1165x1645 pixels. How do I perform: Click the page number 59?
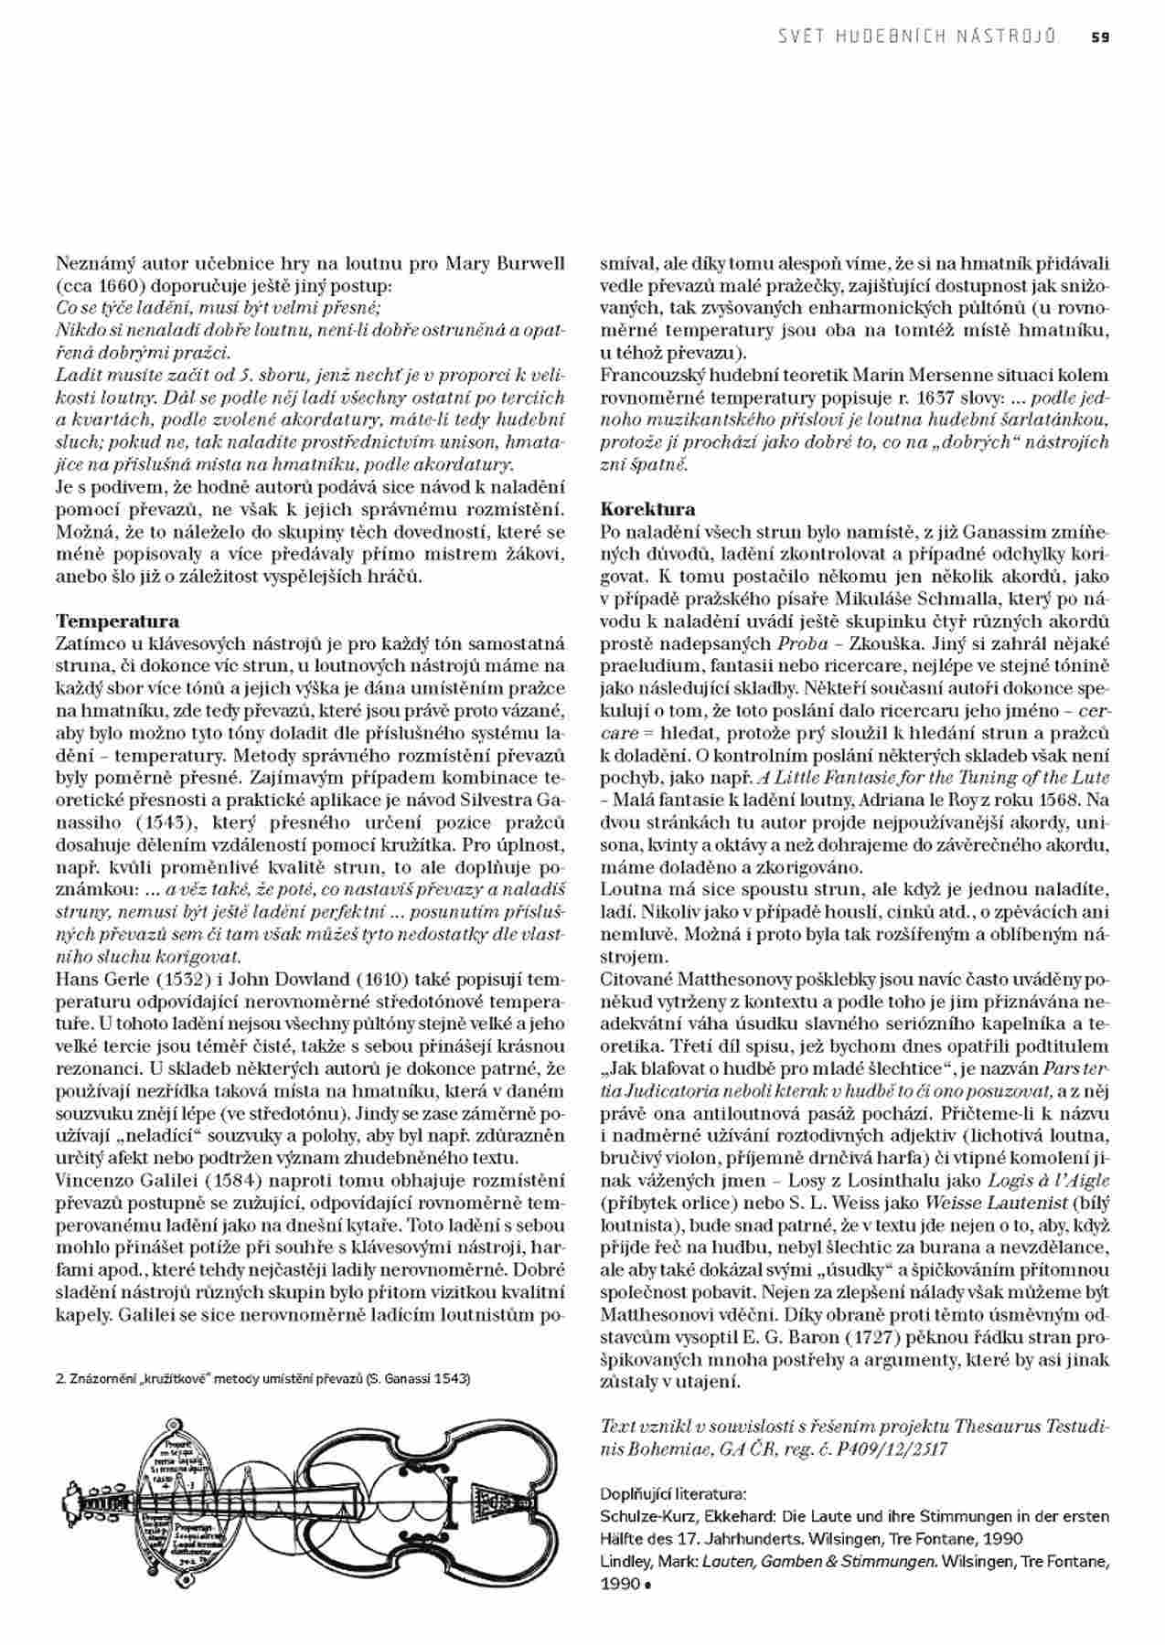[1100, 37]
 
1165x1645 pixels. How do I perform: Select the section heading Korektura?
[647, 509]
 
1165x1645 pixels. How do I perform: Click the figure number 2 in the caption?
[59, 1379]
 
